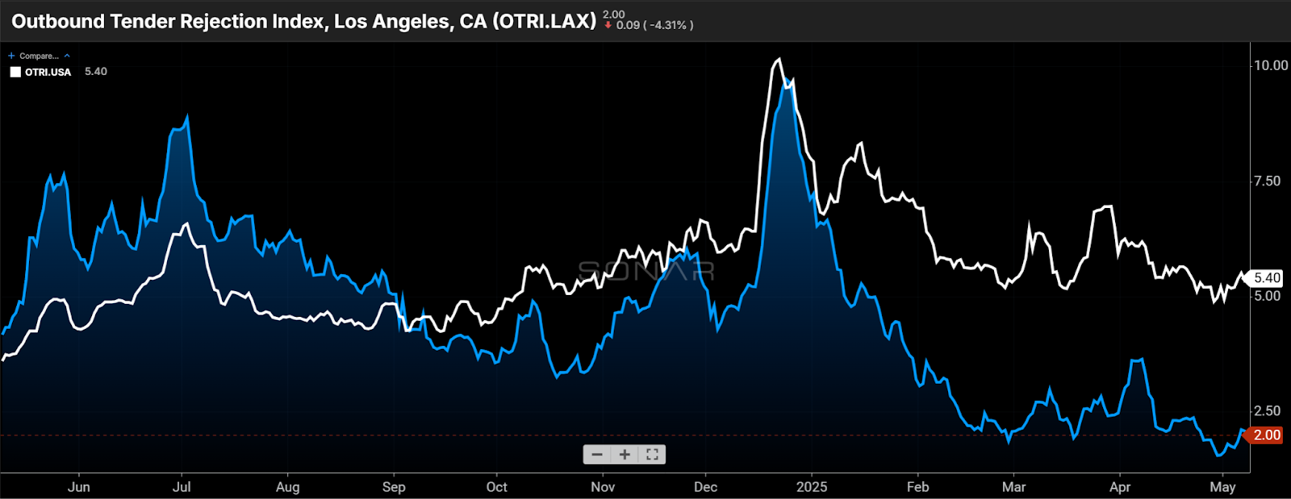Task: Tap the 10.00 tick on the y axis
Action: pos(1270,65)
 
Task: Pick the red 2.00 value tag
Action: pos(1266,435)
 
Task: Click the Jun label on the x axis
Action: pos(79,487)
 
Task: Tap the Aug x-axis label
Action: pos(287,487)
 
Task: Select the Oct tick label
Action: pos(497,487)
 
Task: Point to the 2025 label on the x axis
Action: pos(812,487)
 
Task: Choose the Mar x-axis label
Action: pos(1014,487)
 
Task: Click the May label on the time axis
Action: pos(1222,487)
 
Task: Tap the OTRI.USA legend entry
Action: pos(48,72)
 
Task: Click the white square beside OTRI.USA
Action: pos(15,72)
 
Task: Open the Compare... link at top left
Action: pos(38,56)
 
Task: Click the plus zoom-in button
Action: pos(625,455)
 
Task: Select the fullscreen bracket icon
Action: pos(652,455)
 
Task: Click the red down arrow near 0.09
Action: pos(608,25)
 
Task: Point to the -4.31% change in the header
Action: pos(670,25)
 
